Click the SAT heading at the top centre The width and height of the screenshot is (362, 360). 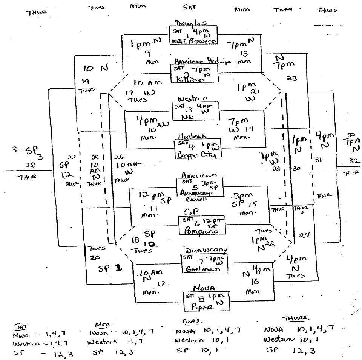coord(189,7)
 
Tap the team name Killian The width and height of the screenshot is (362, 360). coord(191,79)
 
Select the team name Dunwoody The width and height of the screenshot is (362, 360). coord(206,250)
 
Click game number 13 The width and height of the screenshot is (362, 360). coord(243,54)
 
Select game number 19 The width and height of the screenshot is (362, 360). coord(85,81)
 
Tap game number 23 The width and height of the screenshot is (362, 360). coord(291,78)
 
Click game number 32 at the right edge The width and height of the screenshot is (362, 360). coord(354,160)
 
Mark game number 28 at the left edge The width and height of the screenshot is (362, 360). coord(28,165)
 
